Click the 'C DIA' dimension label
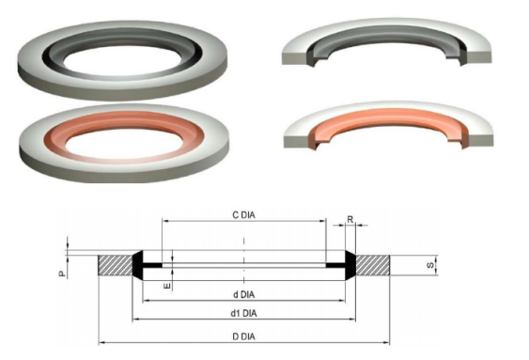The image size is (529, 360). tap(244, 215)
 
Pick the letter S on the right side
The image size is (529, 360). tap(430, 265)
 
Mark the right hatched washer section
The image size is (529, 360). tap(373, 265)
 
